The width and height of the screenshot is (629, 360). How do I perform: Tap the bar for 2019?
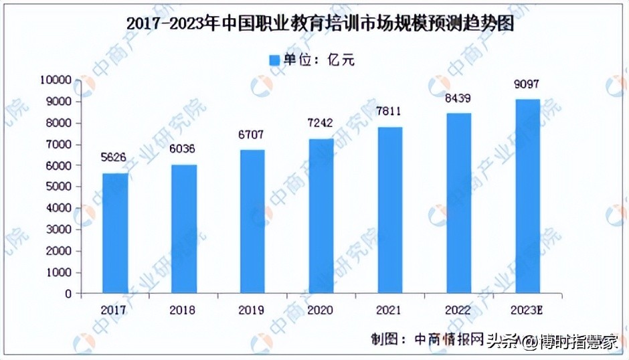[252, 221]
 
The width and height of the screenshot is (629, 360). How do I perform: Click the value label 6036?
[183, 149]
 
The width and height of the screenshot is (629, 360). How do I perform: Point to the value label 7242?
[321, 123]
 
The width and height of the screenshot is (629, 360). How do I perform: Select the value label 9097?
[527, 84]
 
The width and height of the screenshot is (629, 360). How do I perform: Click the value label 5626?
[115, 158]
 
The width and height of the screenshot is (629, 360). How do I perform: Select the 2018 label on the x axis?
[183, 310]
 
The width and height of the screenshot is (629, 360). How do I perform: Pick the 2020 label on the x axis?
[321, 310]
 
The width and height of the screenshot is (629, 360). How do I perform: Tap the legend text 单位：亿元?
[319, 60]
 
